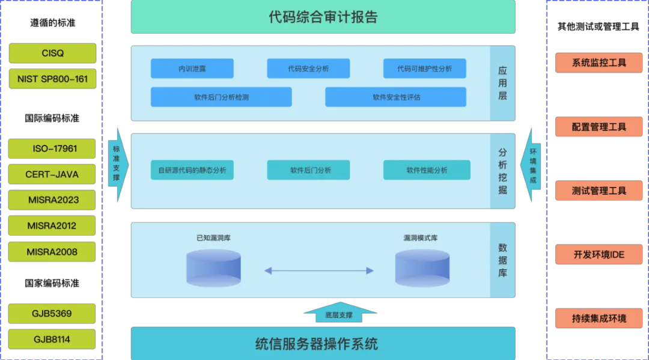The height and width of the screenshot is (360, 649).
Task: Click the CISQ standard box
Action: click(52, 53)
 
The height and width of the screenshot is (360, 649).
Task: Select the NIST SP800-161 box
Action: click(52, 79)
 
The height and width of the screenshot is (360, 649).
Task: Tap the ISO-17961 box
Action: click(52, 148)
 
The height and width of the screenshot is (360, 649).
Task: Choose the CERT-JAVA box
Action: click(52, 174)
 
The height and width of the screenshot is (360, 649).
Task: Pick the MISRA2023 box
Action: click(52, 200)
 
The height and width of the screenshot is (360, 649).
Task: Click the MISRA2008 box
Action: click(52, 252)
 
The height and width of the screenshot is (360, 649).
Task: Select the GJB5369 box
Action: click(52, 314)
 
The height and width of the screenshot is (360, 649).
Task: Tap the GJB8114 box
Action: click(52, 339)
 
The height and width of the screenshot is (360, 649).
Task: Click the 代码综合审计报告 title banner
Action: click(323, 17)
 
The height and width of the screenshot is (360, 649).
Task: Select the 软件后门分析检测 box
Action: click(221, 97)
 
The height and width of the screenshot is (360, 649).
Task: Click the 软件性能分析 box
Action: click(427, 170)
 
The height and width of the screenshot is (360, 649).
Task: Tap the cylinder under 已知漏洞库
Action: click(213, 267)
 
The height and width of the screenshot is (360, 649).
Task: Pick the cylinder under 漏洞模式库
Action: click(422, 267)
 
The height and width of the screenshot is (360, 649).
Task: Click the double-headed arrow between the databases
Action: click(318, 271)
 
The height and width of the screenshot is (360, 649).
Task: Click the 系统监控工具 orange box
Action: click(599, 63)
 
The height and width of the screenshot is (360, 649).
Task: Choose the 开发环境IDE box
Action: click(599, 254)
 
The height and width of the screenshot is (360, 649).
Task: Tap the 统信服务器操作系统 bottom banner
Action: click(323, 344)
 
